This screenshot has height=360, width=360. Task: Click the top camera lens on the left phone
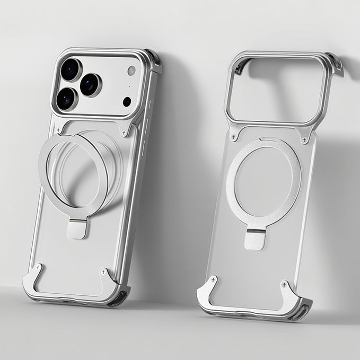71,69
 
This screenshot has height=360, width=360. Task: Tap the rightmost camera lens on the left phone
91,84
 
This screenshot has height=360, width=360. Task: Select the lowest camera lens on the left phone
66,99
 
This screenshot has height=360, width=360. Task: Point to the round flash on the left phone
131,71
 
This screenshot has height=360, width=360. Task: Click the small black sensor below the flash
127,101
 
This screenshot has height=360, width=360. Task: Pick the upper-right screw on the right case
305,139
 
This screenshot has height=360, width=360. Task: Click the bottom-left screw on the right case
213,279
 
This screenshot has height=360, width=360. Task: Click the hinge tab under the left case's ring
77,229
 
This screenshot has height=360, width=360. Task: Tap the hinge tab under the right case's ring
254,239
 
